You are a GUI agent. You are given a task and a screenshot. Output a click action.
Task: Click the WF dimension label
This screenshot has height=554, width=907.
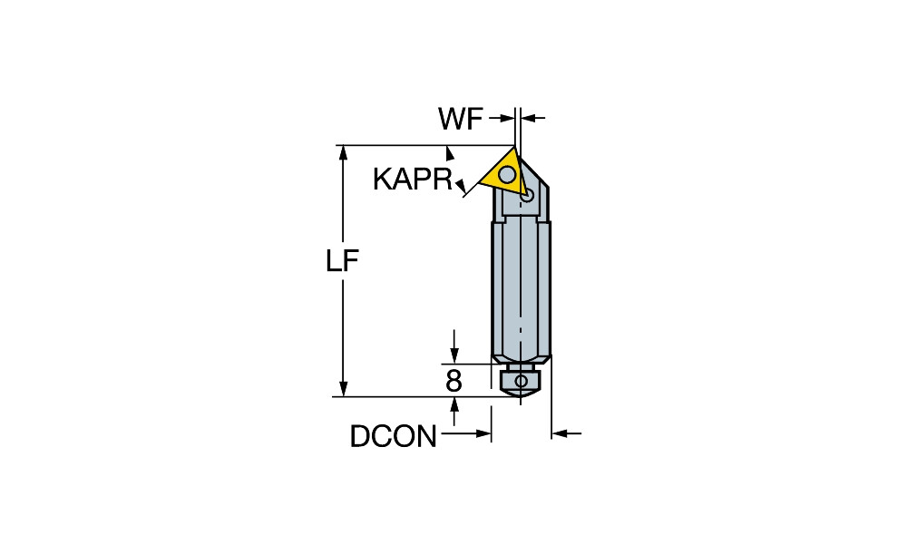461,119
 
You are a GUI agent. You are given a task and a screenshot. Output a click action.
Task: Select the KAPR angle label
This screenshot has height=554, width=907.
413,180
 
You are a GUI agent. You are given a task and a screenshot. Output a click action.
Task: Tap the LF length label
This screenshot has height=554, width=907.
343,261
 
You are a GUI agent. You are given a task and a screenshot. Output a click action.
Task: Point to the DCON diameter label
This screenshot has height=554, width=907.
394,436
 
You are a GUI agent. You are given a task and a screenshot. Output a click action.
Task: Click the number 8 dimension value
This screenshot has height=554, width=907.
454,382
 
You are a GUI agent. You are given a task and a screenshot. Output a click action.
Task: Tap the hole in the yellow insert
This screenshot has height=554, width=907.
508,174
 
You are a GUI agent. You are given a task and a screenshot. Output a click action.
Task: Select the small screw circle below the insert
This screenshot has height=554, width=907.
526,197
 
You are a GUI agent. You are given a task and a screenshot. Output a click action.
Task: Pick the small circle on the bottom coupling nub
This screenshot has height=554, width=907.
522,381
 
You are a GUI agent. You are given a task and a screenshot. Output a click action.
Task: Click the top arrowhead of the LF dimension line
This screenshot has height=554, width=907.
343,152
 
